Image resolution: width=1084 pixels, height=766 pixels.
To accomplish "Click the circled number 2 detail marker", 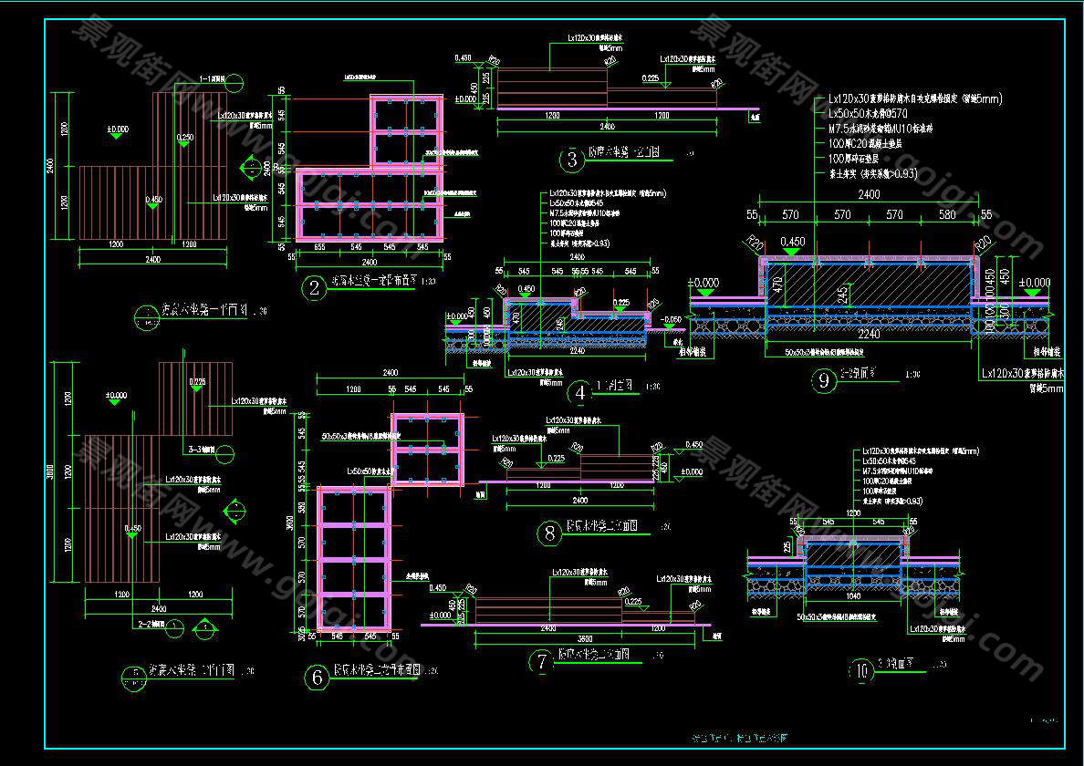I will pyautogui.click(x=315, y=290).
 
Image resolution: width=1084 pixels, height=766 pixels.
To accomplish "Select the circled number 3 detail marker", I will pyautogui.click(x=572, y=160).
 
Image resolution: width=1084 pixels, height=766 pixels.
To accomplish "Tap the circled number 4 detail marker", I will pyautogui.click(x=579, y=392).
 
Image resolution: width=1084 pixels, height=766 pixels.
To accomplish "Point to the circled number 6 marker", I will pyautogui.click(x=317, y=677).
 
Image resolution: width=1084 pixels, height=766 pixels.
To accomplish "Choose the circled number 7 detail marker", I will pyautogui.click(x=542, y=662).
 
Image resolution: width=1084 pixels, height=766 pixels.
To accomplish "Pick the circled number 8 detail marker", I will pyautogui.click(x=549, y=533).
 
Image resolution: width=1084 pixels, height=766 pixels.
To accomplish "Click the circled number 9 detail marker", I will pyautogui.click(x=824, y=381).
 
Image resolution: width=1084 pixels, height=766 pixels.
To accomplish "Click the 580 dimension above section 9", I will pyautogui.click(x=947, y=215).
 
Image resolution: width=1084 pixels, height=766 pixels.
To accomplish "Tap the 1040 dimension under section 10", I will pyautogui.click(x=853, y=596).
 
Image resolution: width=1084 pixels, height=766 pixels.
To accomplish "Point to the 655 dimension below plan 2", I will pyautogui.click(x=319, y=247).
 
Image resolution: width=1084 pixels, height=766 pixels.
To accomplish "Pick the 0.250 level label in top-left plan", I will pyautogui.click(x=185, y=139).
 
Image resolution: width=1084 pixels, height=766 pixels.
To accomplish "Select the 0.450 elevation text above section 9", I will pyautogui.click(x=795, y=243).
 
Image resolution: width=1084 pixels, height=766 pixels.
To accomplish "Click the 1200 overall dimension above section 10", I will pyautogui.click(x=854, y=513).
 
